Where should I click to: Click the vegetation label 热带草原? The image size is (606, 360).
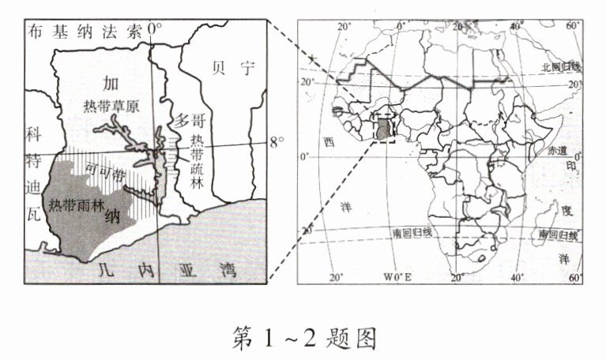point(110,107)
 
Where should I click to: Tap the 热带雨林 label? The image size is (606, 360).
point(76,204)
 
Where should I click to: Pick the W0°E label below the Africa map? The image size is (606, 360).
point(397,278)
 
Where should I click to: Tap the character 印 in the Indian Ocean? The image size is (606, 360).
point(570,167)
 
